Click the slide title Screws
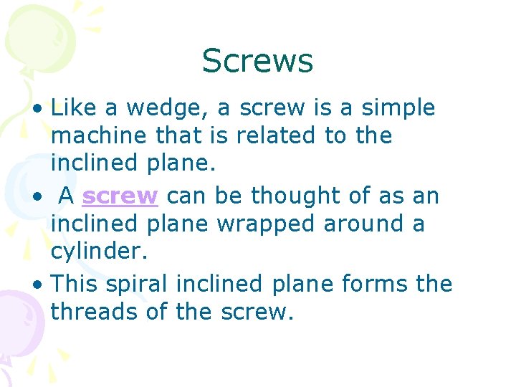click(x=257, y=61)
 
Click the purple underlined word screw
click(x=120, y=196)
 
